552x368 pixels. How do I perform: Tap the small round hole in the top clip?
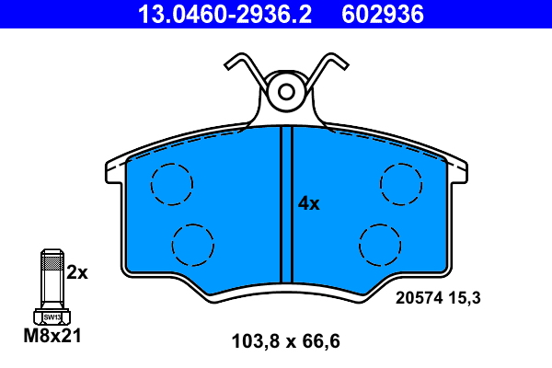pos(286,91)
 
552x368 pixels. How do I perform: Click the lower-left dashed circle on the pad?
pos(194,245)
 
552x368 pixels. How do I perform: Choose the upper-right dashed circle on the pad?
pos(401,183)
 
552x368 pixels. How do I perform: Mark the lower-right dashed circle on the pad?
pos(380,245)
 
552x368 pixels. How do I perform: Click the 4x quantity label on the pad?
pos(308,204)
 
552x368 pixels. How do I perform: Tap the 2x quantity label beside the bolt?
pos(77,272)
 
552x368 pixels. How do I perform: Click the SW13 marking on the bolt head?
pos(52,316)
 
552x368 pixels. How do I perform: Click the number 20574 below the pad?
pos(420,297)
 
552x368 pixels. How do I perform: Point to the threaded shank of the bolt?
pos(52,276)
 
